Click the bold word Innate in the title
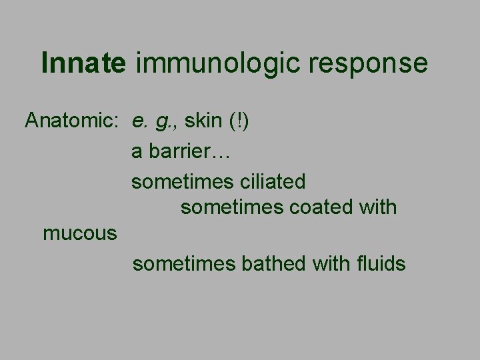[x=83, y=63]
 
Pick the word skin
[x=204, y=121]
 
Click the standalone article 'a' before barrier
[x=137, y=153]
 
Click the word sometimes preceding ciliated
[x=182, y=181]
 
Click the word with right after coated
[x=377, y=207]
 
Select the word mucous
[x=80, y=235]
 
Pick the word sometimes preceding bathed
[x=184, y=264]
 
